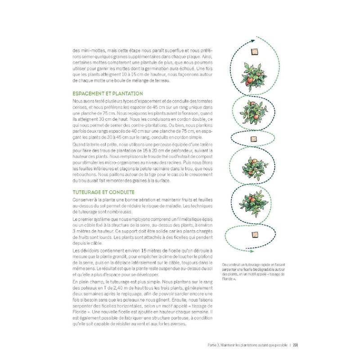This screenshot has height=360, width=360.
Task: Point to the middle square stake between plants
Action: [254, 139]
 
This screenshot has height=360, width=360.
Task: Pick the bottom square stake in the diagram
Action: [255, 233]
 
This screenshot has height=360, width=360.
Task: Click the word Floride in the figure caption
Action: [228, 279]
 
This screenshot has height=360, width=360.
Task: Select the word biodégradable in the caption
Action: [263, 269]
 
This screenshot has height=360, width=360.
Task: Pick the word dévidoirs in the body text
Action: [88, 250]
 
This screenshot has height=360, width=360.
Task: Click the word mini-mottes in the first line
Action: [90, 51]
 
